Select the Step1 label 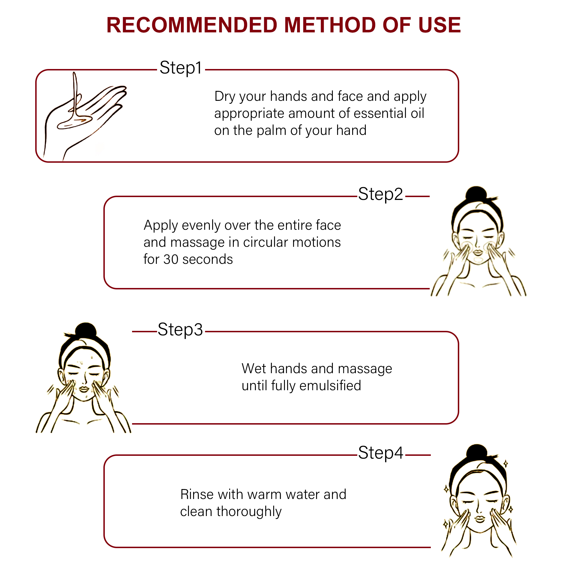[181, 68]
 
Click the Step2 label [381, 194]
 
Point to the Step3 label [180, 329]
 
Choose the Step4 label [381, 453]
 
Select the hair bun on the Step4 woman [477, 452]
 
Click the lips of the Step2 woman [478, 252]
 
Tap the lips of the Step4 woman [479, 519]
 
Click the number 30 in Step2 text [171, 259]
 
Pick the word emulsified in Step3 [330, 385]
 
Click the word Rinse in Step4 [197, 494]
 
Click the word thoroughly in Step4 [249, 512]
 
